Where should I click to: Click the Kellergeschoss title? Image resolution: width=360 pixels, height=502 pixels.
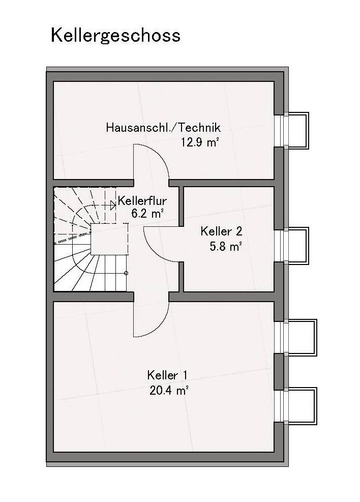[x=115, y=35]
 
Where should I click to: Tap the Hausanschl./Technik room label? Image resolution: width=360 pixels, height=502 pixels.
[x=163, y=128]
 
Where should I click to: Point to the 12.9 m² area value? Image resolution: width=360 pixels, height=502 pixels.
[x=200, y=141]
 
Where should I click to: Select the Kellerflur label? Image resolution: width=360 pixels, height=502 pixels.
[x=142, y=201]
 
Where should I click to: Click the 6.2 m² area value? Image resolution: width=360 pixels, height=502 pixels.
[x=147, y=213]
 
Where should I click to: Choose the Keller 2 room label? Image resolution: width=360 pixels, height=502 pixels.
[x=221, y=231]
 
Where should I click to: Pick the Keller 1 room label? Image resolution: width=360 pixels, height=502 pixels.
[x=167, y=375]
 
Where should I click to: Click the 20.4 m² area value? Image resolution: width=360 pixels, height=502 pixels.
[x=169, y=391]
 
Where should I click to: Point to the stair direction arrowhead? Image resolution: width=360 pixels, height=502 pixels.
[x=113, y=205]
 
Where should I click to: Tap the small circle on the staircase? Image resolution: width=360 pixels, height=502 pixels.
[x=126, y=273]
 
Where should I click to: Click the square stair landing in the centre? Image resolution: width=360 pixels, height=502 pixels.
[x=109, y=239]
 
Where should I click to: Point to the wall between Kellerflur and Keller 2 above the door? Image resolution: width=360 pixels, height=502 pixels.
[x=181, y=206]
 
